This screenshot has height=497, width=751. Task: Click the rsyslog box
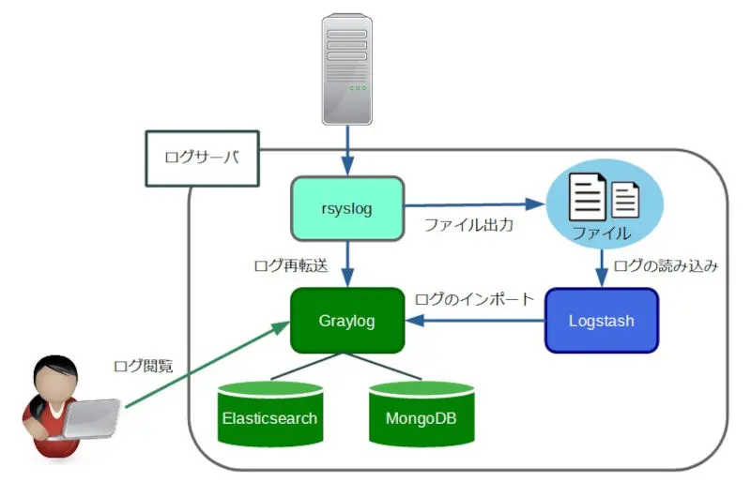tap(346, 207)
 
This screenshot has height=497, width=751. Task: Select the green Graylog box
tap(346, 321)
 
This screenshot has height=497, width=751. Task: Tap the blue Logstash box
tap(601, 321)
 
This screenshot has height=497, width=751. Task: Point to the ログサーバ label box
tap(201, 158)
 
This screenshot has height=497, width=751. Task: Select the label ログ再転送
tap(290, 265)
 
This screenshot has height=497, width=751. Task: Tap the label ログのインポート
tap(474, 300)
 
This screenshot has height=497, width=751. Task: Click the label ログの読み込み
tap(666, 265)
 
